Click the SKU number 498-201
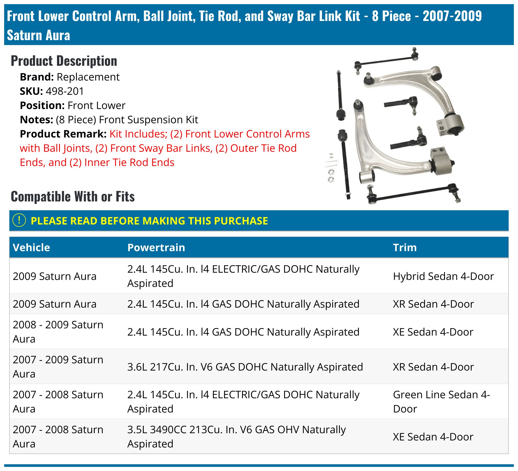click(x=65, y=91)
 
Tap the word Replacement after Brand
click(x=88, y=77)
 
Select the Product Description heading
click(x=64, y=61)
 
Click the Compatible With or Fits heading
click(x=73, y=196)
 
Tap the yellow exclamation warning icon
click(x=19, y=220)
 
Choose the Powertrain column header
click(x=156, y=247)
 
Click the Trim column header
click(x=405, y=247)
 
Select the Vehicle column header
click(x=31, y=247)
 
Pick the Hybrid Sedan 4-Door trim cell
click(x=443, y=276)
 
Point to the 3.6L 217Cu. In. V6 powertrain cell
click(x=245, y=367)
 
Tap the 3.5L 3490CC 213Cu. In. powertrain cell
click(x=236, y=437)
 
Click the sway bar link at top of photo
click(x=386, y=61)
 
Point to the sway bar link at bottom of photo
click(x=413, y=194)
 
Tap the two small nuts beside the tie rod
click(x=331, y=175)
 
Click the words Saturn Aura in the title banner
click(x=38, y=35)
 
